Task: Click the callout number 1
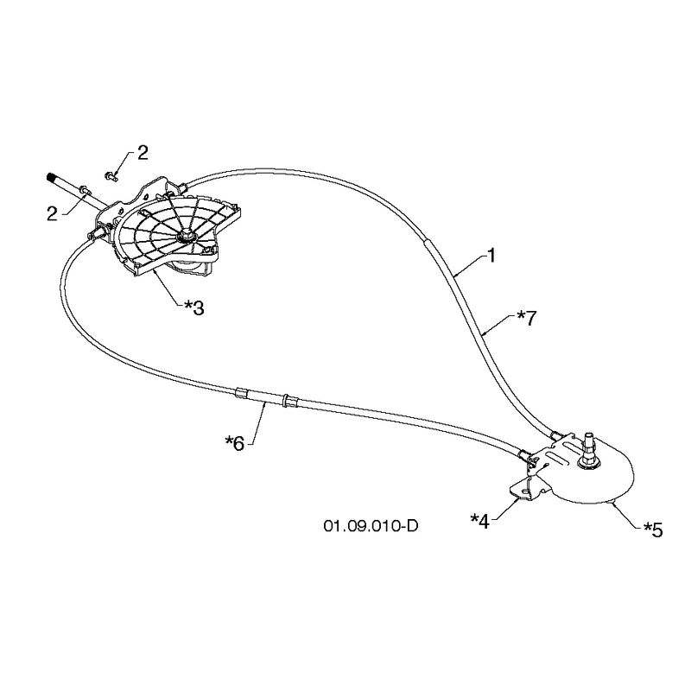coord(491,256)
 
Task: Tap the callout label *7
coord(527,318)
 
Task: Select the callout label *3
coord(193,307)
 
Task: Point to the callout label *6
coord(234,443)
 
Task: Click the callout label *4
coord(480,522)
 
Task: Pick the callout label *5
coord(653,529)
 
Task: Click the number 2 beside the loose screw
coord(143,153)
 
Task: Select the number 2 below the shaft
coord(52,214)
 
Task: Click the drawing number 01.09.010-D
coord(371,526)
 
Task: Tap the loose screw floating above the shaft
coord(111,176)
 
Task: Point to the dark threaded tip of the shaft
coord(51,178)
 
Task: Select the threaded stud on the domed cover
coord(588,447)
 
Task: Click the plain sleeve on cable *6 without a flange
coord(241,393)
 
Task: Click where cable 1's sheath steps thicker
coord(426,241)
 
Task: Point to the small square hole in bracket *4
coord(527,491)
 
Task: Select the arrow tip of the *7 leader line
coord(483,335)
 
